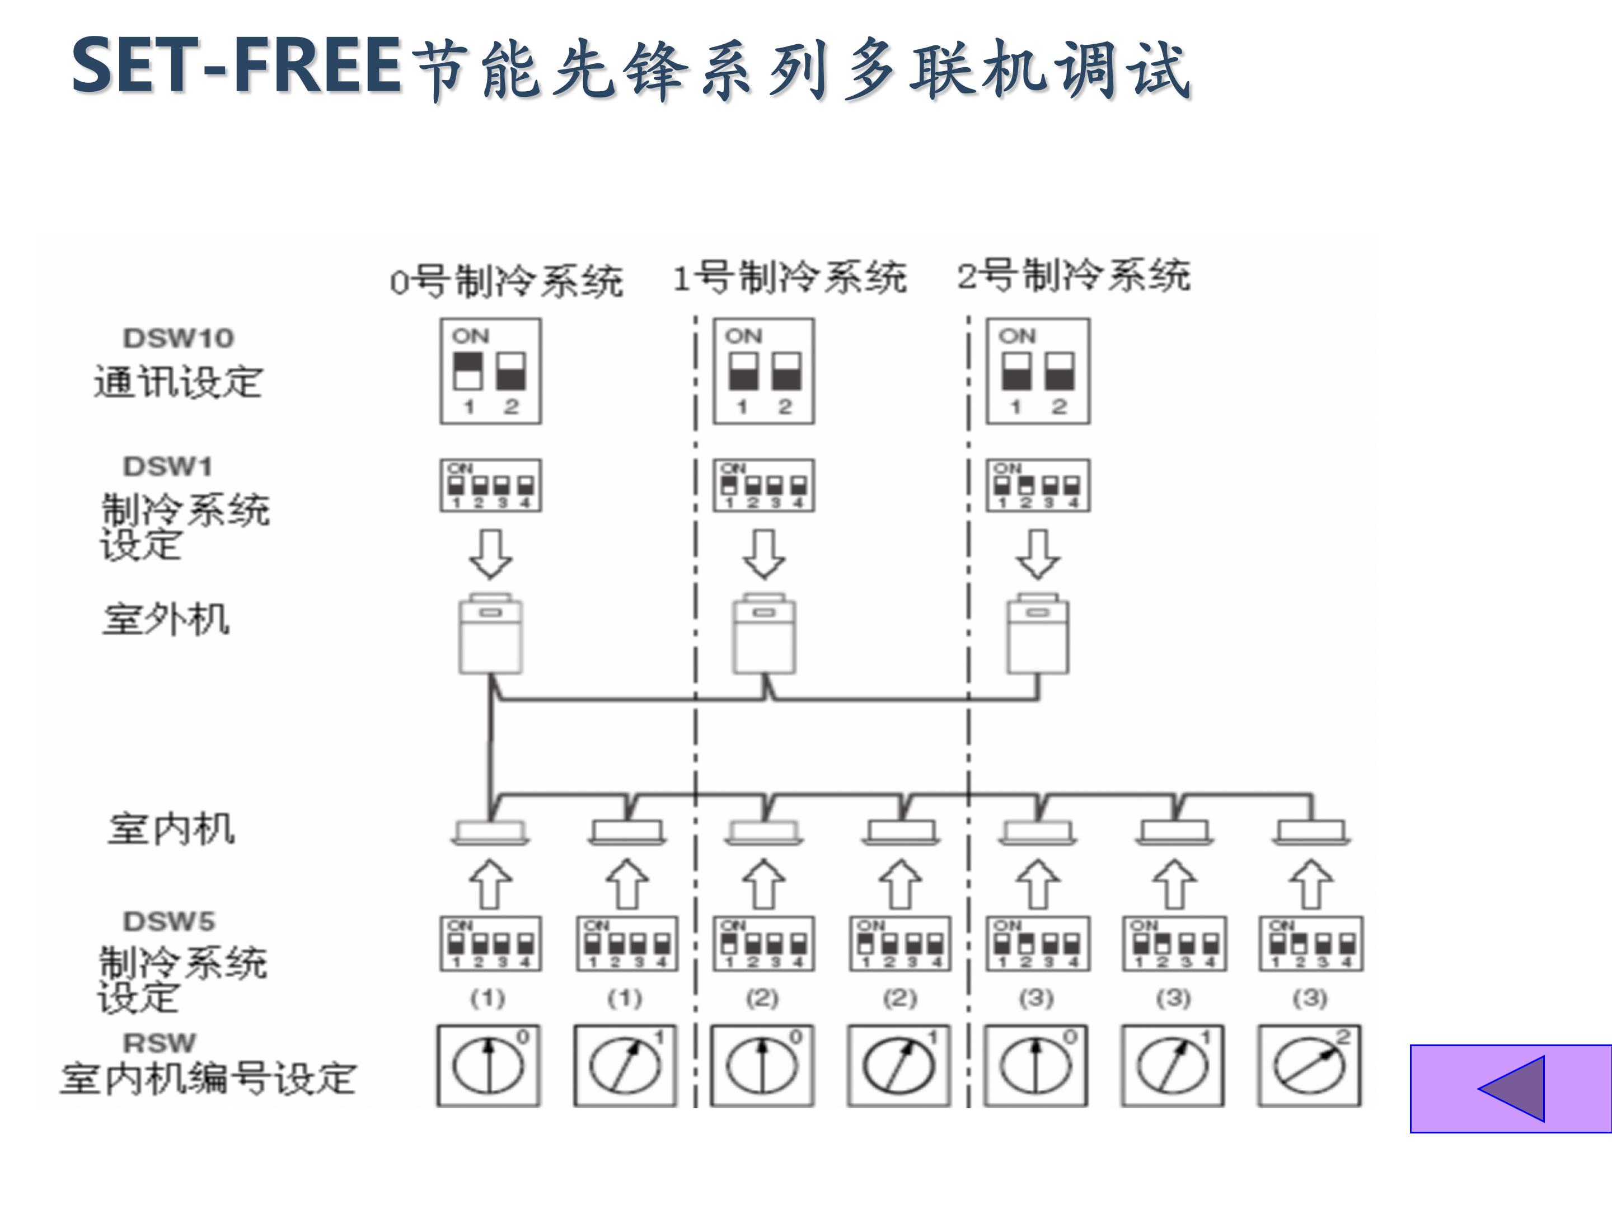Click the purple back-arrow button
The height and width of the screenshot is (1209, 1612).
[1511, 1089]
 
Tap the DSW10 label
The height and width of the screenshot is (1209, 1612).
[179, 338]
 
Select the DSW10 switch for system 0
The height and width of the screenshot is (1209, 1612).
[490, 371]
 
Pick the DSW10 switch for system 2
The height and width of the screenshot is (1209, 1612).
[1038, 371]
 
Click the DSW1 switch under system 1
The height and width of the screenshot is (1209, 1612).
[763, 485]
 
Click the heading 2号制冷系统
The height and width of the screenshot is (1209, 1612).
[1074, 276]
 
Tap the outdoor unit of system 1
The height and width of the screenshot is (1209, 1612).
[763, 634]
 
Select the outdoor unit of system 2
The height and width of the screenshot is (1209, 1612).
[1038, 634]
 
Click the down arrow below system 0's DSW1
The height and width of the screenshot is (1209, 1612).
[490, 555]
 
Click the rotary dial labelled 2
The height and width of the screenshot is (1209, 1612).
[1310, 1066]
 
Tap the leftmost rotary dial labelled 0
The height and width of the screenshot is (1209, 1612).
[488, 1066]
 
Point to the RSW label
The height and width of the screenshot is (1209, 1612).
[160, 1043]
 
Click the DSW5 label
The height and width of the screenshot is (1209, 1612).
[169, 921]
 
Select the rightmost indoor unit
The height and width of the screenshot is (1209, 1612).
[1312, 832]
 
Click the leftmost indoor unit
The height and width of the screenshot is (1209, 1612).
[490, 832]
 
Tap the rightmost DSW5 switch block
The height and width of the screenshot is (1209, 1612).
[1311, 944]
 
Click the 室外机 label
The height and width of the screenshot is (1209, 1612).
[166, 620]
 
